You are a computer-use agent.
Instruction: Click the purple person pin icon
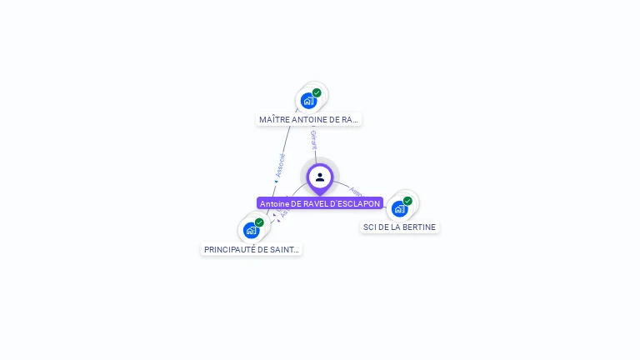[x=320, y=177]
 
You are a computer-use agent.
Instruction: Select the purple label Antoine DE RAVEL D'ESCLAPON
[x=320, y=203]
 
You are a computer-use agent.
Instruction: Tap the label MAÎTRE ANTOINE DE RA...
[x=308, y=119]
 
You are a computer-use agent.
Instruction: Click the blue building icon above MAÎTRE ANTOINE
[x=308, y=101]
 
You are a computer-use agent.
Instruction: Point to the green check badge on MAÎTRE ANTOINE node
[x=317, y=92]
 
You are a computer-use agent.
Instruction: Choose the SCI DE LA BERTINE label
[x=399, y=227]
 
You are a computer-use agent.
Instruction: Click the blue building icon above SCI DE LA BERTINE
[x=399, y=208]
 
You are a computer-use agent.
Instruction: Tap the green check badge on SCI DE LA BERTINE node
[x=407, y=200]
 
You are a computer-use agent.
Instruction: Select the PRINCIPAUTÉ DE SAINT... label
[x=252, y=249]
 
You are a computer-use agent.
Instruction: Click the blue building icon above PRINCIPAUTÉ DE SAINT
[x=251, y=231]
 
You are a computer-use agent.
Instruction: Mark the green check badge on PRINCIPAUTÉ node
[x=259, y=222]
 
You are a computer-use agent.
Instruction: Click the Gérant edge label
[x=313, y=139]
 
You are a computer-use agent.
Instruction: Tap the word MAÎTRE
[x=274, y=119]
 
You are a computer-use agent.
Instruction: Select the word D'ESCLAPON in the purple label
[x=356, y=203]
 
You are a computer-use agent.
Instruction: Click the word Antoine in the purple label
[x=274, y=203]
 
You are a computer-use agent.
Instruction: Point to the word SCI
[x=370, y=227]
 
